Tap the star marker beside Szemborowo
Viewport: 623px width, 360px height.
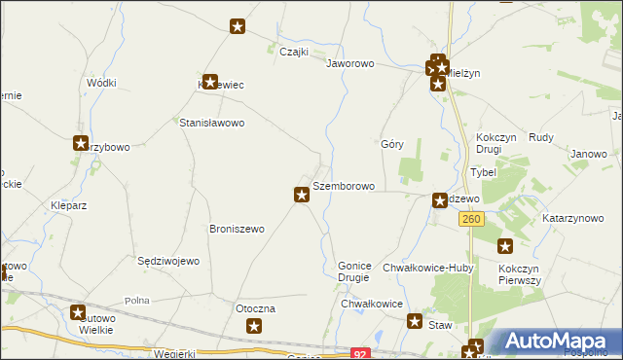pos(302,196)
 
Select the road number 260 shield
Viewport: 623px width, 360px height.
pos(471,220)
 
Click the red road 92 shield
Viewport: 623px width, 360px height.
pos(361,355)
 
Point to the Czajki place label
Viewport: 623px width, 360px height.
pos(294,53)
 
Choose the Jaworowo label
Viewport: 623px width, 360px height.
pos(350,63)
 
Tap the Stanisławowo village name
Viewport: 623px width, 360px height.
pos(211,124)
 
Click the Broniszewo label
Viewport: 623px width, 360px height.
pos(238,230)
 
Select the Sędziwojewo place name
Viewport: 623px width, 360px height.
pos(168,262)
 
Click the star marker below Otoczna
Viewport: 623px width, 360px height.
pos(254,326)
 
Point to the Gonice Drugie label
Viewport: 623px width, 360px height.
pos(353,270)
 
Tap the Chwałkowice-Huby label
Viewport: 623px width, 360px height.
pos(427,268)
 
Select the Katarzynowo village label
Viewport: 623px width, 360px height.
pos(573,219)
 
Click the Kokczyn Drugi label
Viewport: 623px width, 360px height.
pos(502,144)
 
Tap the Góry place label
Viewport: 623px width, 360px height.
pos(392,143)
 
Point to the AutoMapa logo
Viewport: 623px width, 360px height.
pos(564,342)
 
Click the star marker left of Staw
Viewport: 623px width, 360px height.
pos(415,322)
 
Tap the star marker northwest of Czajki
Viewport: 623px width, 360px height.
pos(238,27)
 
